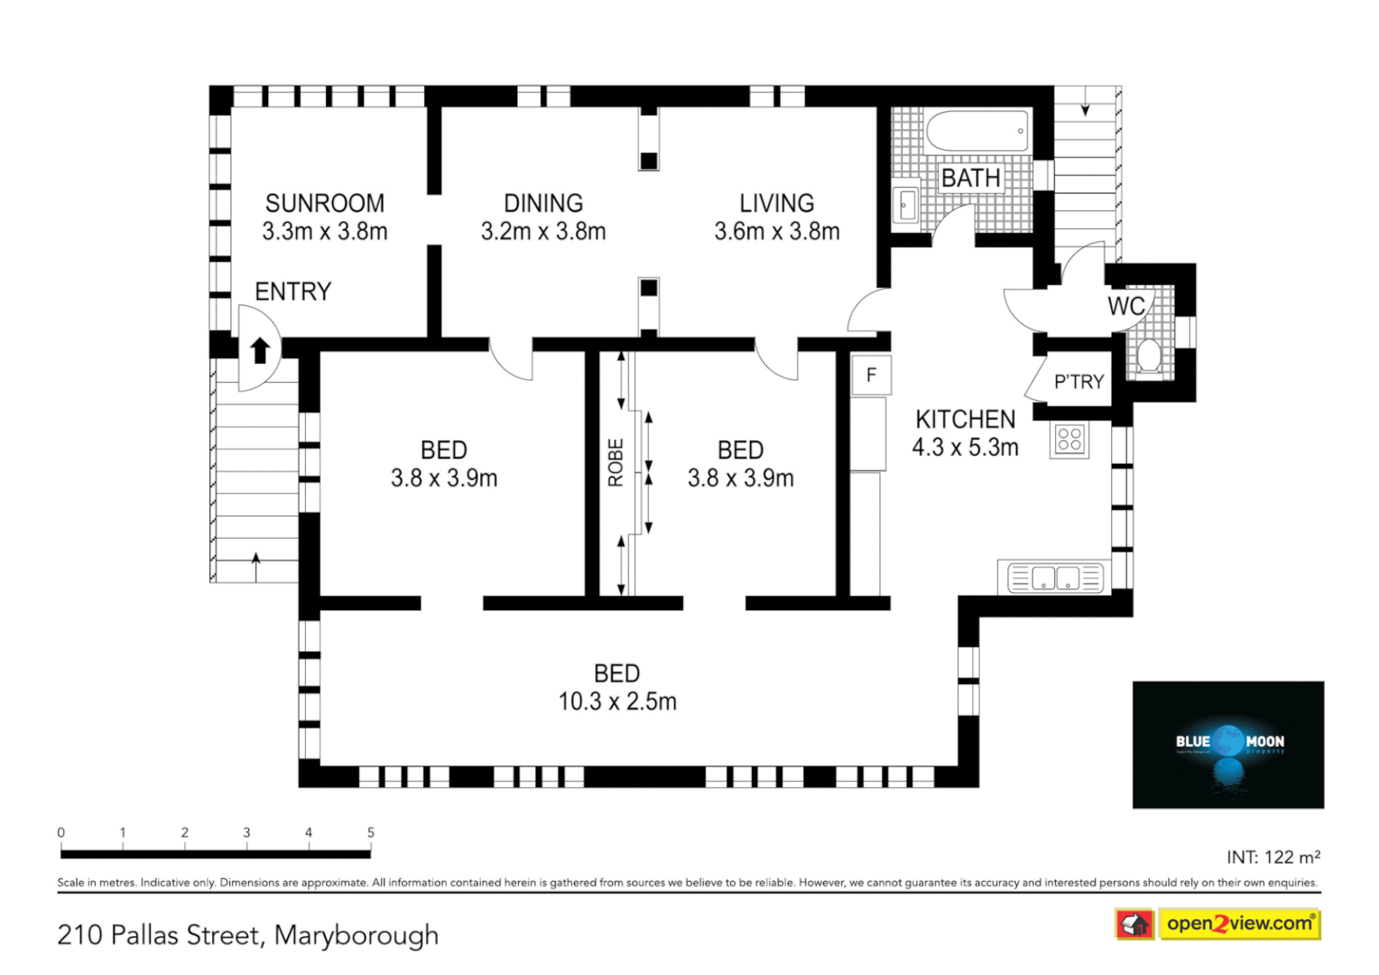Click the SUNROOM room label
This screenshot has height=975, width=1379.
click(x=324, y=204)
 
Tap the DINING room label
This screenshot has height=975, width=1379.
click(x=542, y=204)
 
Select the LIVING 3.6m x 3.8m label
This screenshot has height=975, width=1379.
click(x=776, y=218)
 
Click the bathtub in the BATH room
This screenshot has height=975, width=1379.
click(x=976, y=132)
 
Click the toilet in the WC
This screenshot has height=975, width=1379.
click(x=1148, y=355)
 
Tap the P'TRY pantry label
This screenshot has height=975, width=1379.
click(x=1078, y=382)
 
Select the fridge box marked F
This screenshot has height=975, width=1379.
click(x=871, y=375)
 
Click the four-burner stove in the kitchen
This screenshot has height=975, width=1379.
click(x=1069, y=440)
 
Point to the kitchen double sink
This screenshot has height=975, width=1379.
click(x=1055, y=578)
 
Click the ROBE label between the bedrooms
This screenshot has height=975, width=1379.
click(x=615, y=462)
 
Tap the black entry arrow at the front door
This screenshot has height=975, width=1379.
click(x=260, y=350)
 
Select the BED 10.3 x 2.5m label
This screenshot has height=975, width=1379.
click(x=616, y=688)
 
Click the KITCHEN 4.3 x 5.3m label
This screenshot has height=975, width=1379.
click(x=965, y=433)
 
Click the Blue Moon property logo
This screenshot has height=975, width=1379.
click(x=1227, y=744)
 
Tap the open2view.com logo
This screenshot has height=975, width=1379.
click(x=1238, y=924)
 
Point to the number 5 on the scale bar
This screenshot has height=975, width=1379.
click(x=370, y=832)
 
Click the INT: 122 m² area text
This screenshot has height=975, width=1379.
click(x=1273, y=857)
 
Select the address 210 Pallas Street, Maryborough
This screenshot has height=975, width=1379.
click(x=248, y=935)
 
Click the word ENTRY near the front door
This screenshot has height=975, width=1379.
click(x=292, y=292)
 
